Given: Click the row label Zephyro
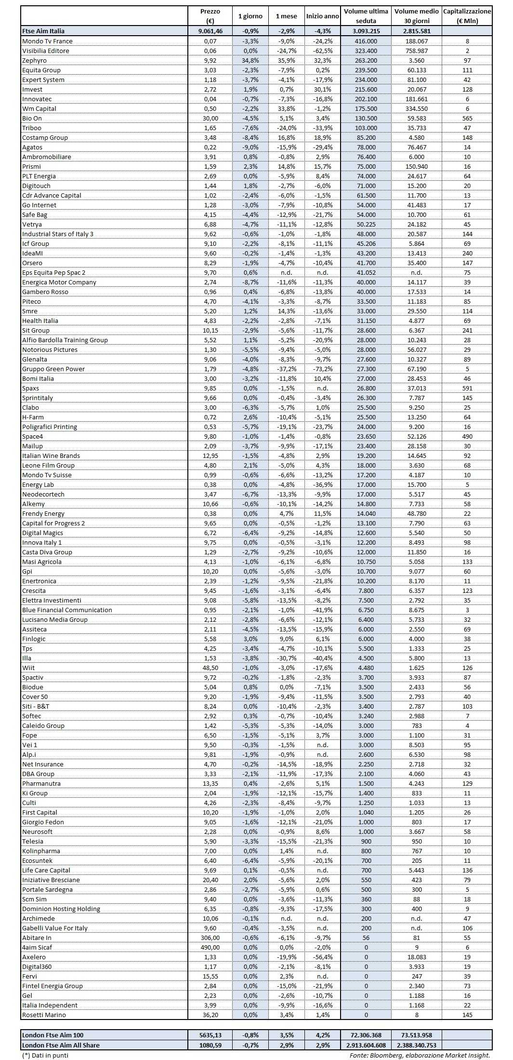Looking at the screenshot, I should (34, 60).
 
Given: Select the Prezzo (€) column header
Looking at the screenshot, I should (210, 16).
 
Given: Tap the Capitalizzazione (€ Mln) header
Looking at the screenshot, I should (467, 16).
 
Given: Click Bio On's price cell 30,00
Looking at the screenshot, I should (210, 118).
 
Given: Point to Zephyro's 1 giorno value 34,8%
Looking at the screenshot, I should (250, 60).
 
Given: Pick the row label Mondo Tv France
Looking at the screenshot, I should (47, 41).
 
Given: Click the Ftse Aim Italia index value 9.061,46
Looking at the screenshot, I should (210, 31).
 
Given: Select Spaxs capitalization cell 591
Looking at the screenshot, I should (467, 388).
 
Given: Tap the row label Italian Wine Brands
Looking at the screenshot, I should (51, 456).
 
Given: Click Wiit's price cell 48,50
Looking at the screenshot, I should (210, 668).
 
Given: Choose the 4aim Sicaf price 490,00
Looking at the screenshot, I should (210, 947).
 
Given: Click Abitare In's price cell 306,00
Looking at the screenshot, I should (210, 938).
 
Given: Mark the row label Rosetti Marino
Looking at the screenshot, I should (44, 1015).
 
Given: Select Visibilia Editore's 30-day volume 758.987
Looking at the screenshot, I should (417, 51).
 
